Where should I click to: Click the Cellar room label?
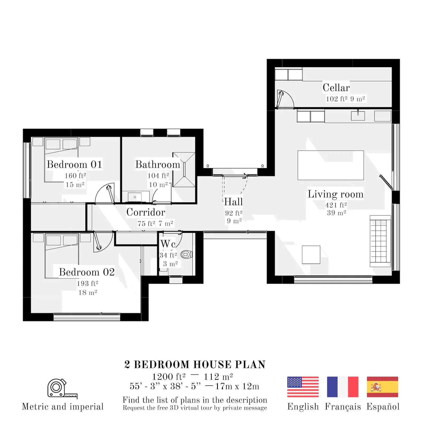click(336, 88)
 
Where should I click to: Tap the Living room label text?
click(336, 194)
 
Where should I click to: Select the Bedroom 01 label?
click(74, 164)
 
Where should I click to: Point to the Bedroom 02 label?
click(87, 272)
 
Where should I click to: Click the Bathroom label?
click(158, 164)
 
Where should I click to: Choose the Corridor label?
click(146, 212)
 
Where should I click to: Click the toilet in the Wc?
click(187, 254)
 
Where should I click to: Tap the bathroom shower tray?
click(184, 169)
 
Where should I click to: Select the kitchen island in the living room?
click(331, 165)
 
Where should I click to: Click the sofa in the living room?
click(380, 241)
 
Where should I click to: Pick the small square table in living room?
click(311, 255)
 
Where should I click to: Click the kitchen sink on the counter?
click(358, 116)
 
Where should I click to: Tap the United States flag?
click(303, 387)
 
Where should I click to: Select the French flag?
click(343, 387)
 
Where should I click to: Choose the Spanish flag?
click(382, 387)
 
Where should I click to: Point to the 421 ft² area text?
click(336, 205)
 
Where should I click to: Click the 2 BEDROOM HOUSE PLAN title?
click(195, 365)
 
